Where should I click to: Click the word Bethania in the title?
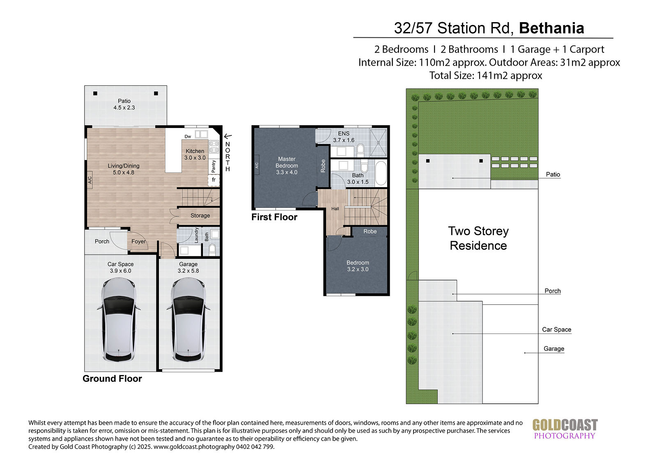tap(551, 28)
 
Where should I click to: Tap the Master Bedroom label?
tap(287, 166)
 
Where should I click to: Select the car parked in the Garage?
tap(188, 320)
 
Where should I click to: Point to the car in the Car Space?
tap(119, 320)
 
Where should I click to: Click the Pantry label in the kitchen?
tap(214, 166)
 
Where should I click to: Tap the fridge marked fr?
tap(214, 180)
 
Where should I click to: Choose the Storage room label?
tap(200, 216)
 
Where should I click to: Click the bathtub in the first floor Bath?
tap(381, 173)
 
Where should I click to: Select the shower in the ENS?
tap(378, 143)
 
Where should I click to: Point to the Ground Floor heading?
tap(113, 379)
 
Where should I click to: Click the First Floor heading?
tap(274, 217)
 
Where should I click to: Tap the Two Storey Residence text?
tap(478, 238)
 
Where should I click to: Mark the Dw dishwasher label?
tap(188, 137)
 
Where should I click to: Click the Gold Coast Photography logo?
tap(565, 429)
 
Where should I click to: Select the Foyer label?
tap(138, 242)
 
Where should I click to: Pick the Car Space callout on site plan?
tap(556, 329)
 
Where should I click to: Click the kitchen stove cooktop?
tap(214, 146)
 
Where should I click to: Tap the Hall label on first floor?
tap(335, 209)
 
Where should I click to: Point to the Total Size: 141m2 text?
tap(486, 75)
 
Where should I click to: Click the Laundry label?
tap(197, 235)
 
